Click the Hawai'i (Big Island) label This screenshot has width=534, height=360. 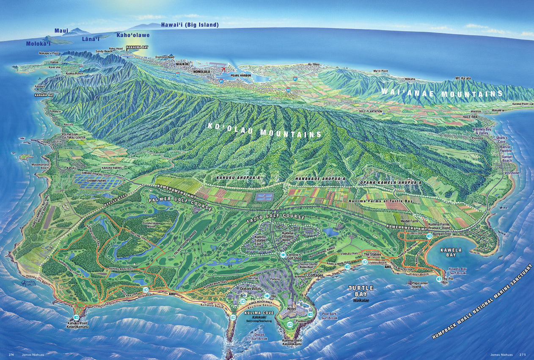pyautogui.click(x=190, y=25)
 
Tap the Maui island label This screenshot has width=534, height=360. pyautogui.click(x=61, y=31)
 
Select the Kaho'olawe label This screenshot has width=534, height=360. pyautogui.click(x=133, y=35)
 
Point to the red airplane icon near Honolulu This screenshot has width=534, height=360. pyautogui.click(x=223, y=70)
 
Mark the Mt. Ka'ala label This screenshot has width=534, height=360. pyautogui.click(x=463, y=79)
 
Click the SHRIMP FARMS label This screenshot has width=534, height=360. pyautogui.click(x=98, y=181)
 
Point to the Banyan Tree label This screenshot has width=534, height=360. pyautogui.click(x=443, y=234)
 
